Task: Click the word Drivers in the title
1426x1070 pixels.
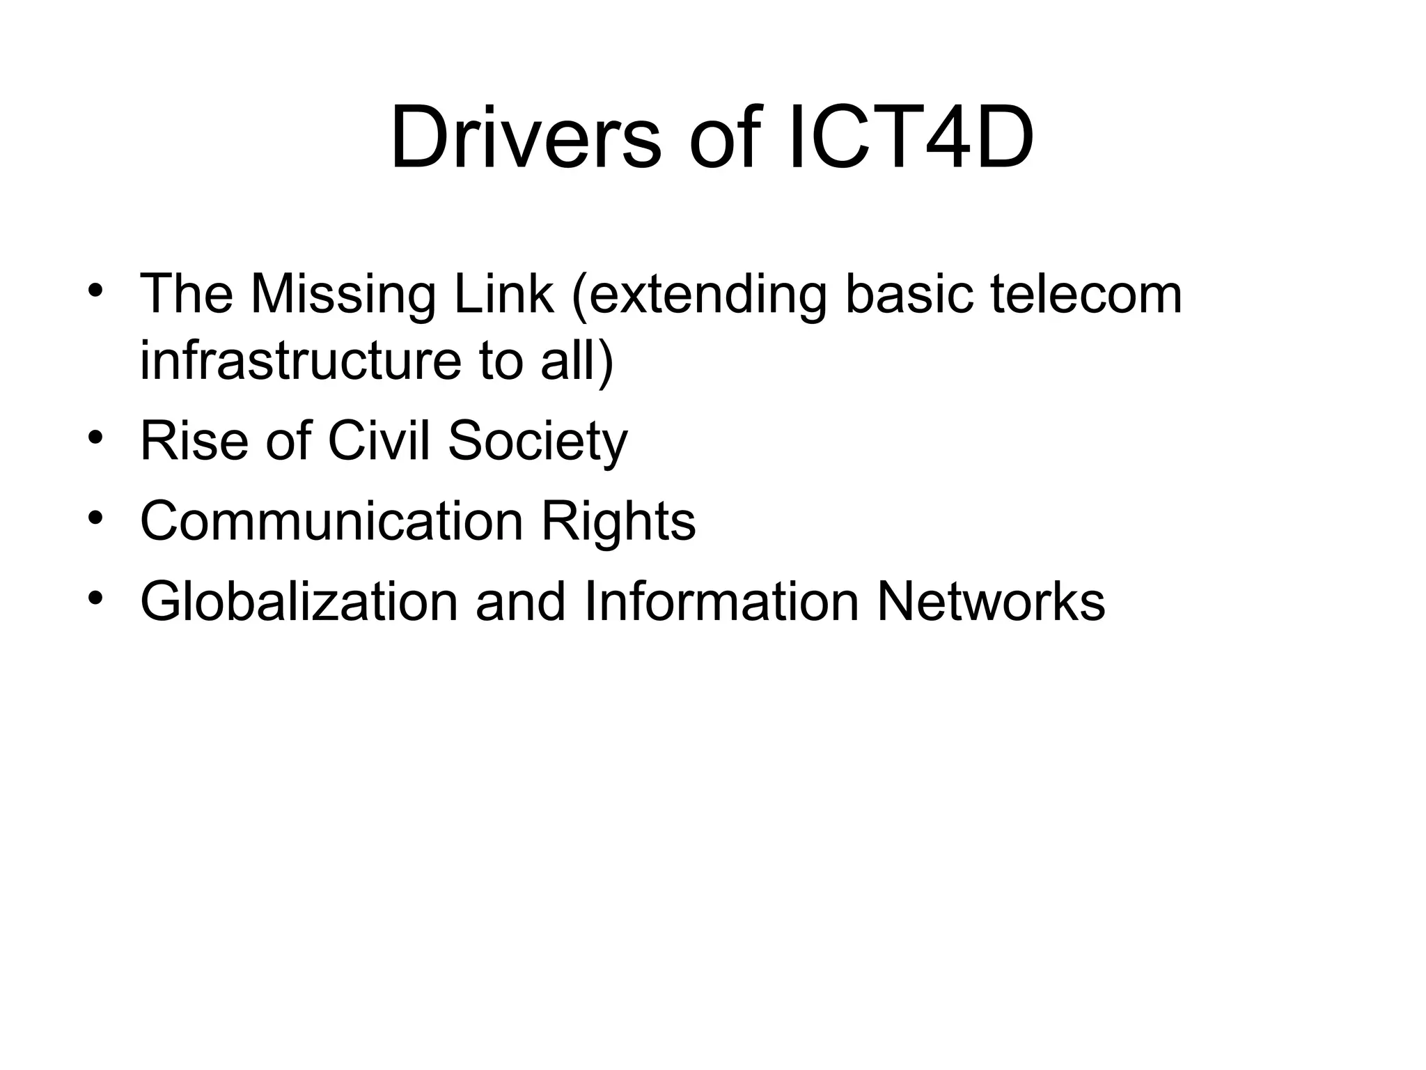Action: [x=525, y=137]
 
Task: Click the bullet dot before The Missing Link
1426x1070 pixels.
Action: [x=95, y=290]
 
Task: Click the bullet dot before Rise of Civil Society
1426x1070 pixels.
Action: [x=95, y=437]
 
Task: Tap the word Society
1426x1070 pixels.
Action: [x=537, y=442]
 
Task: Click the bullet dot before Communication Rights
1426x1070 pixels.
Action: [x=95, y=518]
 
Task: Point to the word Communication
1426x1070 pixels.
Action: [x=331, y=521]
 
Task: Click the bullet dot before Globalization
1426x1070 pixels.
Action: [x=95, y=598]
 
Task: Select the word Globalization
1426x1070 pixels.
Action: [x=299, y=601]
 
